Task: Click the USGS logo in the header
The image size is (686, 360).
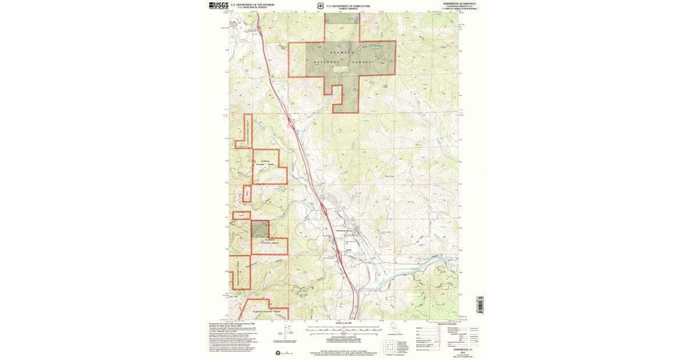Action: coord(218,6)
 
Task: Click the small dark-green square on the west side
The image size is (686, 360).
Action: coord(260,230)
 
